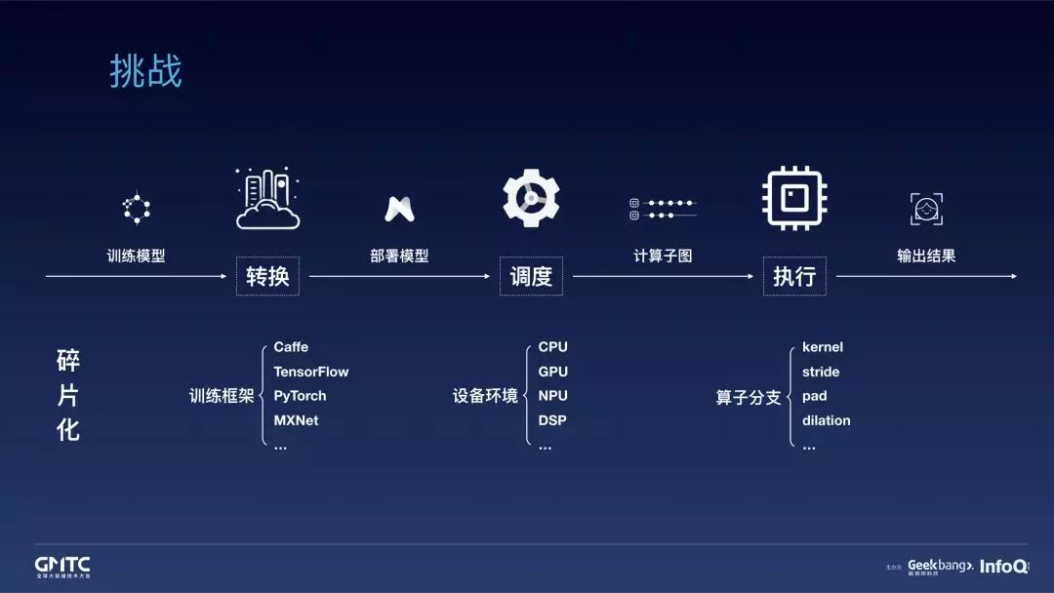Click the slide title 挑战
tap(145, 72)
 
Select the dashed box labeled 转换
tap(267, 276)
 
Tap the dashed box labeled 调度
tap(531, 276)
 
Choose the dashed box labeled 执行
tap(794, 276)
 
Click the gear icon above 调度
tap(531, 198)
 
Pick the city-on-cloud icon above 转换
tap(267, 199)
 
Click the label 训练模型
tap(136, 256)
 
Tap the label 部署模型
tap(399, 256)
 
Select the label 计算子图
tap(663, 256)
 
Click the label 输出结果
tap(926, 256)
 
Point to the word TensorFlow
tap(310, 372)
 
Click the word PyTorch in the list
tap(300, 396)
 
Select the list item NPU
tap(552, 396)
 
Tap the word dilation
tap(826, 420)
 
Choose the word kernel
tap(822, 347)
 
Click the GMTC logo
tap(62, 566)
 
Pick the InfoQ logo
tap(1003, 566)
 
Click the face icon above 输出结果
tap(926, 208)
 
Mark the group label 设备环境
tap(485, 397)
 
